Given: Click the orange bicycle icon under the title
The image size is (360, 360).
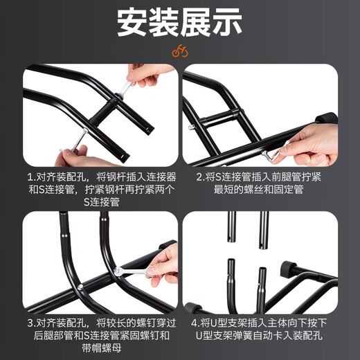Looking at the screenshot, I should click(x=180, y=51).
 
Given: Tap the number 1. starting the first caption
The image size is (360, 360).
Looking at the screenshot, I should click(x=31, y=177).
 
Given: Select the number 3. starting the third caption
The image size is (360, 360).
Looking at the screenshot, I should click(x=31, y=323).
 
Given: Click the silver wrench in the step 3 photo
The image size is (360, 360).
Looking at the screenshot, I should click(x=131, y=272).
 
